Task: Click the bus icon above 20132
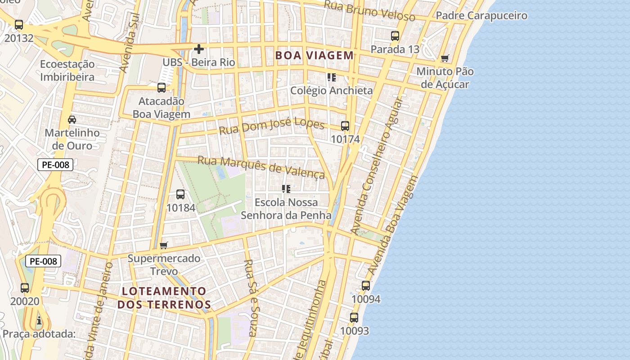tap(19, 25)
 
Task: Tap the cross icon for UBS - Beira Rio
tap(198, 49)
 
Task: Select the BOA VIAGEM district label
tap(314, 56)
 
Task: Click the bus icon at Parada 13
tap(395, 36)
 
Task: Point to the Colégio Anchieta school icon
tap(332, 77)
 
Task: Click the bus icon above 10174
tap(345, 126)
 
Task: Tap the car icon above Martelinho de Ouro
tap(72, 119)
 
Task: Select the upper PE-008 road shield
tap(55, 165)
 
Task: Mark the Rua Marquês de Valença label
tap(261, 167)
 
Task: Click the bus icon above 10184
tap(180, 194)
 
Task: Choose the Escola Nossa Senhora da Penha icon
tap(286, 189)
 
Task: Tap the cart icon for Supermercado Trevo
tap(164, 245)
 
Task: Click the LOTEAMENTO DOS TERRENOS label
tap(164, 298)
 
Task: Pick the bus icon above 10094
tap(366, 286)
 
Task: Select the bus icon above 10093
tap(354, 318)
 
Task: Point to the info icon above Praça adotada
tap(39, 320)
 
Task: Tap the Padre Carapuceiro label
tap(481, 16)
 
